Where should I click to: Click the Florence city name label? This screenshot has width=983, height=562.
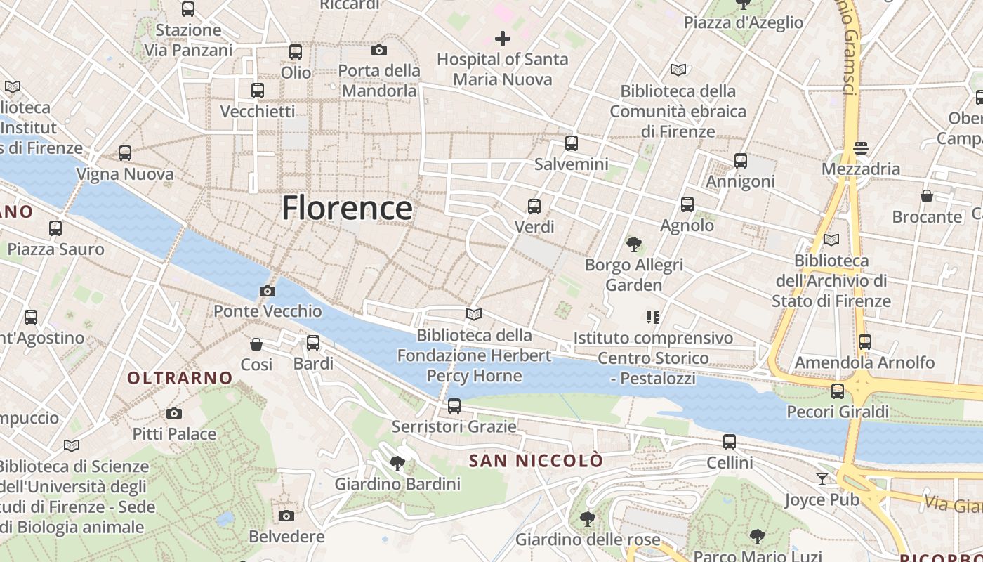click(347, 208)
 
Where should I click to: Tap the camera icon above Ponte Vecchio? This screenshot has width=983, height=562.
click(267, 291)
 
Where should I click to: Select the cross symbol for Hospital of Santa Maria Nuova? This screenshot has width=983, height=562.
click(503, 39)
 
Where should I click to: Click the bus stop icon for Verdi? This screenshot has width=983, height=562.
click(534, 207)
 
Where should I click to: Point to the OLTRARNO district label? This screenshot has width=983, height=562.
click(180, 378)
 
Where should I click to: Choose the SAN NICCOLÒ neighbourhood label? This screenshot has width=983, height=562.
click(536, 461)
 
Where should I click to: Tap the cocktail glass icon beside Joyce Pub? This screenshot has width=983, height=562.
click(822, 479)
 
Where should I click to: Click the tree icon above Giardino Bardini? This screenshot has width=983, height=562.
click(397, 464)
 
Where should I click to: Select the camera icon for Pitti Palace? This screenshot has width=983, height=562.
click(174, 414)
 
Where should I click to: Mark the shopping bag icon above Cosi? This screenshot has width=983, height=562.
click(256, 344)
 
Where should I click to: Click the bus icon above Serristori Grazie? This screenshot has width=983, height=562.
click(454, 406)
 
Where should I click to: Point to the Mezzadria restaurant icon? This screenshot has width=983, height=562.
click(861, 148)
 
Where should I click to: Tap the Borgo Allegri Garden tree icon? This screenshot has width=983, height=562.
click(634, 244)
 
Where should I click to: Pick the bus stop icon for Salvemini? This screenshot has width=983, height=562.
click(572, 143)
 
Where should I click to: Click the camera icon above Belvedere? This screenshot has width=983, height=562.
click(286, 516)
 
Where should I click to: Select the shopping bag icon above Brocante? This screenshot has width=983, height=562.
click(927, 196)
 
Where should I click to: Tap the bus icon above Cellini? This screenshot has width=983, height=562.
click(730, 442)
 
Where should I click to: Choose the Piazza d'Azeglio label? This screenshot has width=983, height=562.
click(744, 22)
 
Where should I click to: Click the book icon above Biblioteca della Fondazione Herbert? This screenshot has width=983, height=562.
click(474, 315)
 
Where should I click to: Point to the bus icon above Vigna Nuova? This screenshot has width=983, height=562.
click(125, 153)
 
